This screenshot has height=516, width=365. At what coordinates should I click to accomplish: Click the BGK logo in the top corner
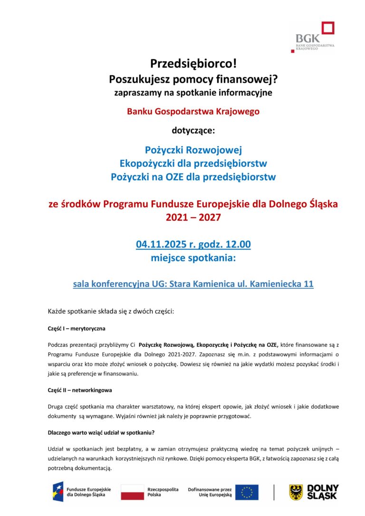(315, 37)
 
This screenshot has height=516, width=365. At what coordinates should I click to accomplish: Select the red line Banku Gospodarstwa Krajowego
(193, 112)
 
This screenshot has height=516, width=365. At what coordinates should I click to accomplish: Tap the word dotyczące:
(193, 129)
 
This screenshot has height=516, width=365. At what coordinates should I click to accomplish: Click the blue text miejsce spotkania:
(193, 258)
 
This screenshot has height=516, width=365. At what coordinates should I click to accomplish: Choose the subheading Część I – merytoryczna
(77, 328)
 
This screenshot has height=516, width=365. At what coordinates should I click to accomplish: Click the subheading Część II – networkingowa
(80, 390)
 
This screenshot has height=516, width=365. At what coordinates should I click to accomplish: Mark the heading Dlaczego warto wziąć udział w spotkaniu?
(101, 433)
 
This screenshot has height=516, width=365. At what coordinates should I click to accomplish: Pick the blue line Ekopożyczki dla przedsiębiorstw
(193, 163)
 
